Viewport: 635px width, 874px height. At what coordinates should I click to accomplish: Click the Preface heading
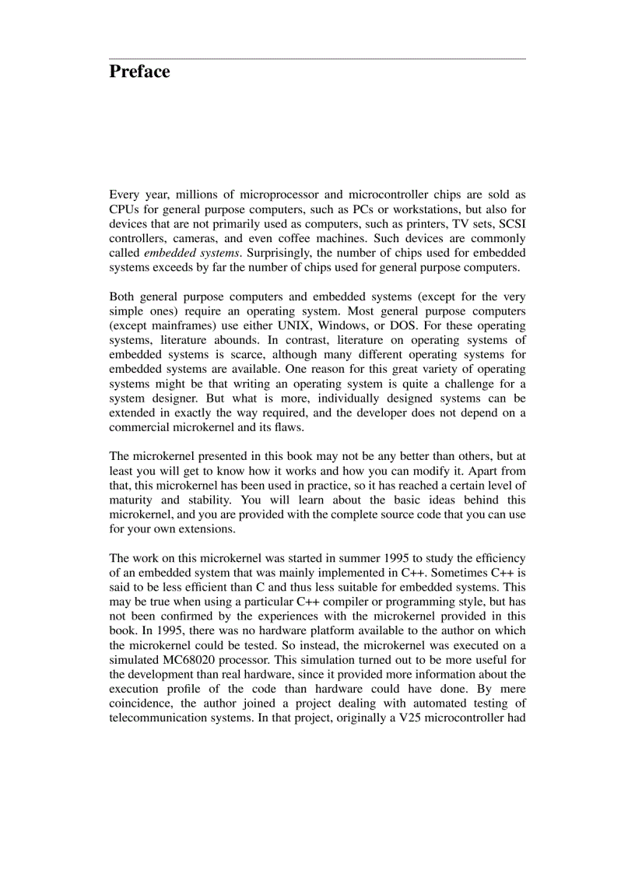139,72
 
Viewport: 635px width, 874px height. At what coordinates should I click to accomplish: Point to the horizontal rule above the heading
317,58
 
